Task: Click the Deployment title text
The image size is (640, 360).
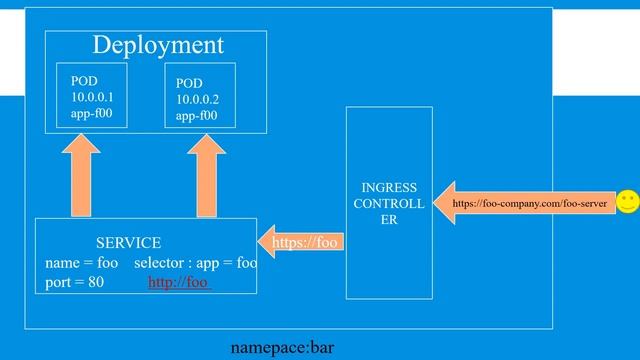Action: pos(158,45)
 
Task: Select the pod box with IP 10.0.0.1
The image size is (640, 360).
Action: pos(91,96)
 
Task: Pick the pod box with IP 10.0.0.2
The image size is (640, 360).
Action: pos(199,96)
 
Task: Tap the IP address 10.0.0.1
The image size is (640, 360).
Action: pos(92,98)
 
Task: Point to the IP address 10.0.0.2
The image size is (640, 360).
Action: pos(198,100)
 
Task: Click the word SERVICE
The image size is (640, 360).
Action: pos(128,243)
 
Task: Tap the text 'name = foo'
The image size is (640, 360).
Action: pos(82,263)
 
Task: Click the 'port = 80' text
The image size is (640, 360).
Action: pos(75,283)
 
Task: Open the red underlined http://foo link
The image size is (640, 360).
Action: pos(178,283)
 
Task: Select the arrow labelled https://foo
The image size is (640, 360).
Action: pos(301,243)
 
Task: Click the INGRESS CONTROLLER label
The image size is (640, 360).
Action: pos(389,204)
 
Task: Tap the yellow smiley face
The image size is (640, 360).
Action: pos(627,202)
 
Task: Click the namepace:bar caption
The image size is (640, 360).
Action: pos(282,348)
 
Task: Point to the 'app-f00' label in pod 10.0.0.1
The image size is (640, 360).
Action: pos(91,115)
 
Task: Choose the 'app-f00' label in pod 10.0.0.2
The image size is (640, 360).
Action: pos(197,117)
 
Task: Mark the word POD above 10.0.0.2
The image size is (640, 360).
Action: pos(189,83)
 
